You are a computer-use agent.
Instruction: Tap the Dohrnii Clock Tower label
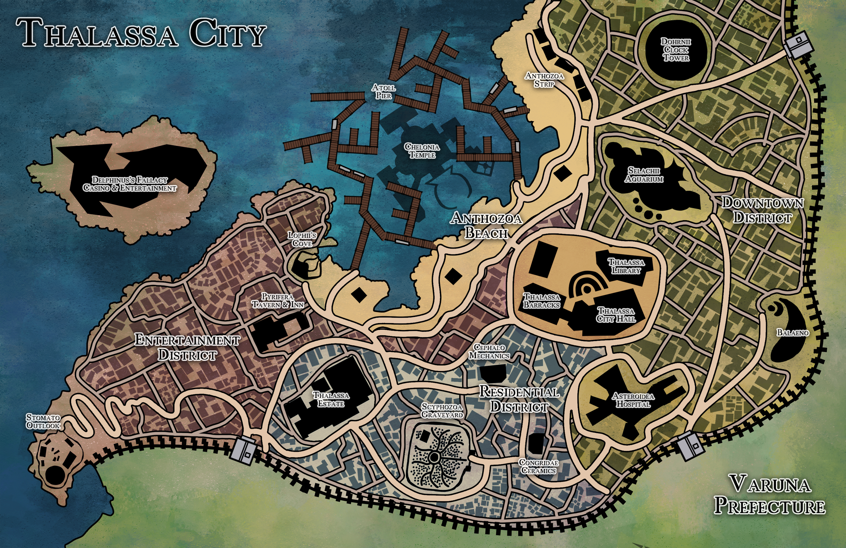pyautogui.click(x=676, y=49)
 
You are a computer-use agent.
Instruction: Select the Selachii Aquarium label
pyautogui.click(x=644, y=174)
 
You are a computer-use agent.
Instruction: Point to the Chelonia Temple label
pyautogui.click(x=422, y=151)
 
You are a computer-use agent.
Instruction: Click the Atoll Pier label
pyautogui.click(x=384, y=91)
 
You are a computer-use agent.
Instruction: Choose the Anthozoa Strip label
pyautogui.click(x=544, y=80)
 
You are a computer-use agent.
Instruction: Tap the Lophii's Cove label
pyautogui.click(x=302, y=239)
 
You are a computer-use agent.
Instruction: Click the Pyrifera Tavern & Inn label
pyautogui.click(x=278, y=301)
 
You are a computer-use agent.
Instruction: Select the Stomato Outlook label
pyautogui.click(x=43, y=421)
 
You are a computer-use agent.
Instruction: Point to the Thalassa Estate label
pyautogui.click(x=331, y=399)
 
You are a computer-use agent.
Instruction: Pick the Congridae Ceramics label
pyautogui.click(x=538, y=466)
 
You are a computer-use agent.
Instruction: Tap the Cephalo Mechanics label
pyautogui.click(x=489, y=351)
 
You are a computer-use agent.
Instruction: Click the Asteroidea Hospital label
pyautogui.click(x=633, y=400)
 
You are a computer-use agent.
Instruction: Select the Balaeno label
pyautogui.click(x=793, y=333)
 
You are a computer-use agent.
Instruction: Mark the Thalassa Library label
pyautogui.click(x=626, y=266)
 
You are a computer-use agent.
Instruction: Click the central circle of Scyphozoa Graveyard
pyautogui.click(x=434, y=457)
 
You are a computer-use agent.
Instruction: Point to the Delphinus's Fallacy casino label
pyautogui.click(x=130, y=184)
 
